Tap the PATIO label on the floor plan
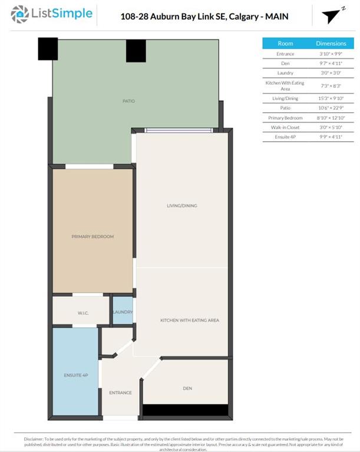click(x=128, y=101)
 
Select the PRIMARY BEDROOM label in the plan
click(x=93, y=237)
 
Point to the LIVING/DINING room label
click(x=181, y=206)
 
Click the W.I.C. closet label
click(x=82, y=313)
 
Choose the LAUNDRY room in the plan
click(x=123, y=312)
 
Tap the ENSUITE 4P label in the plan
click(x=75, y=375)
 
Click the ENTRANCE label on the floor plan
click(x=120, y=393)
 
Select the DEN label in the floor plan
click(x=187, y=388)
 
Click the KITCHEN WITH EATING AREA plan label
click(x=190, y=320)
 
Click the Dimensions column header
click(x=331, y=44)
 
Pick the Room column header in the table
click(x=285, y=44)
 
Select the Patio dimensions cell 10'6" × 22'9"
click(x=331, y=108)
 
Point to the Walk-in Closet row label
click(x=285, y=127)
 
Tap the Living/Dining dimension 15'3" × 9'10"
click(x=331, y=98)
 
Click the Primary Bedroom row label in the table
click(x=285, y=118)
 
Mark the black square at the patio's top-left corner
click(x=48, y=49)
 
